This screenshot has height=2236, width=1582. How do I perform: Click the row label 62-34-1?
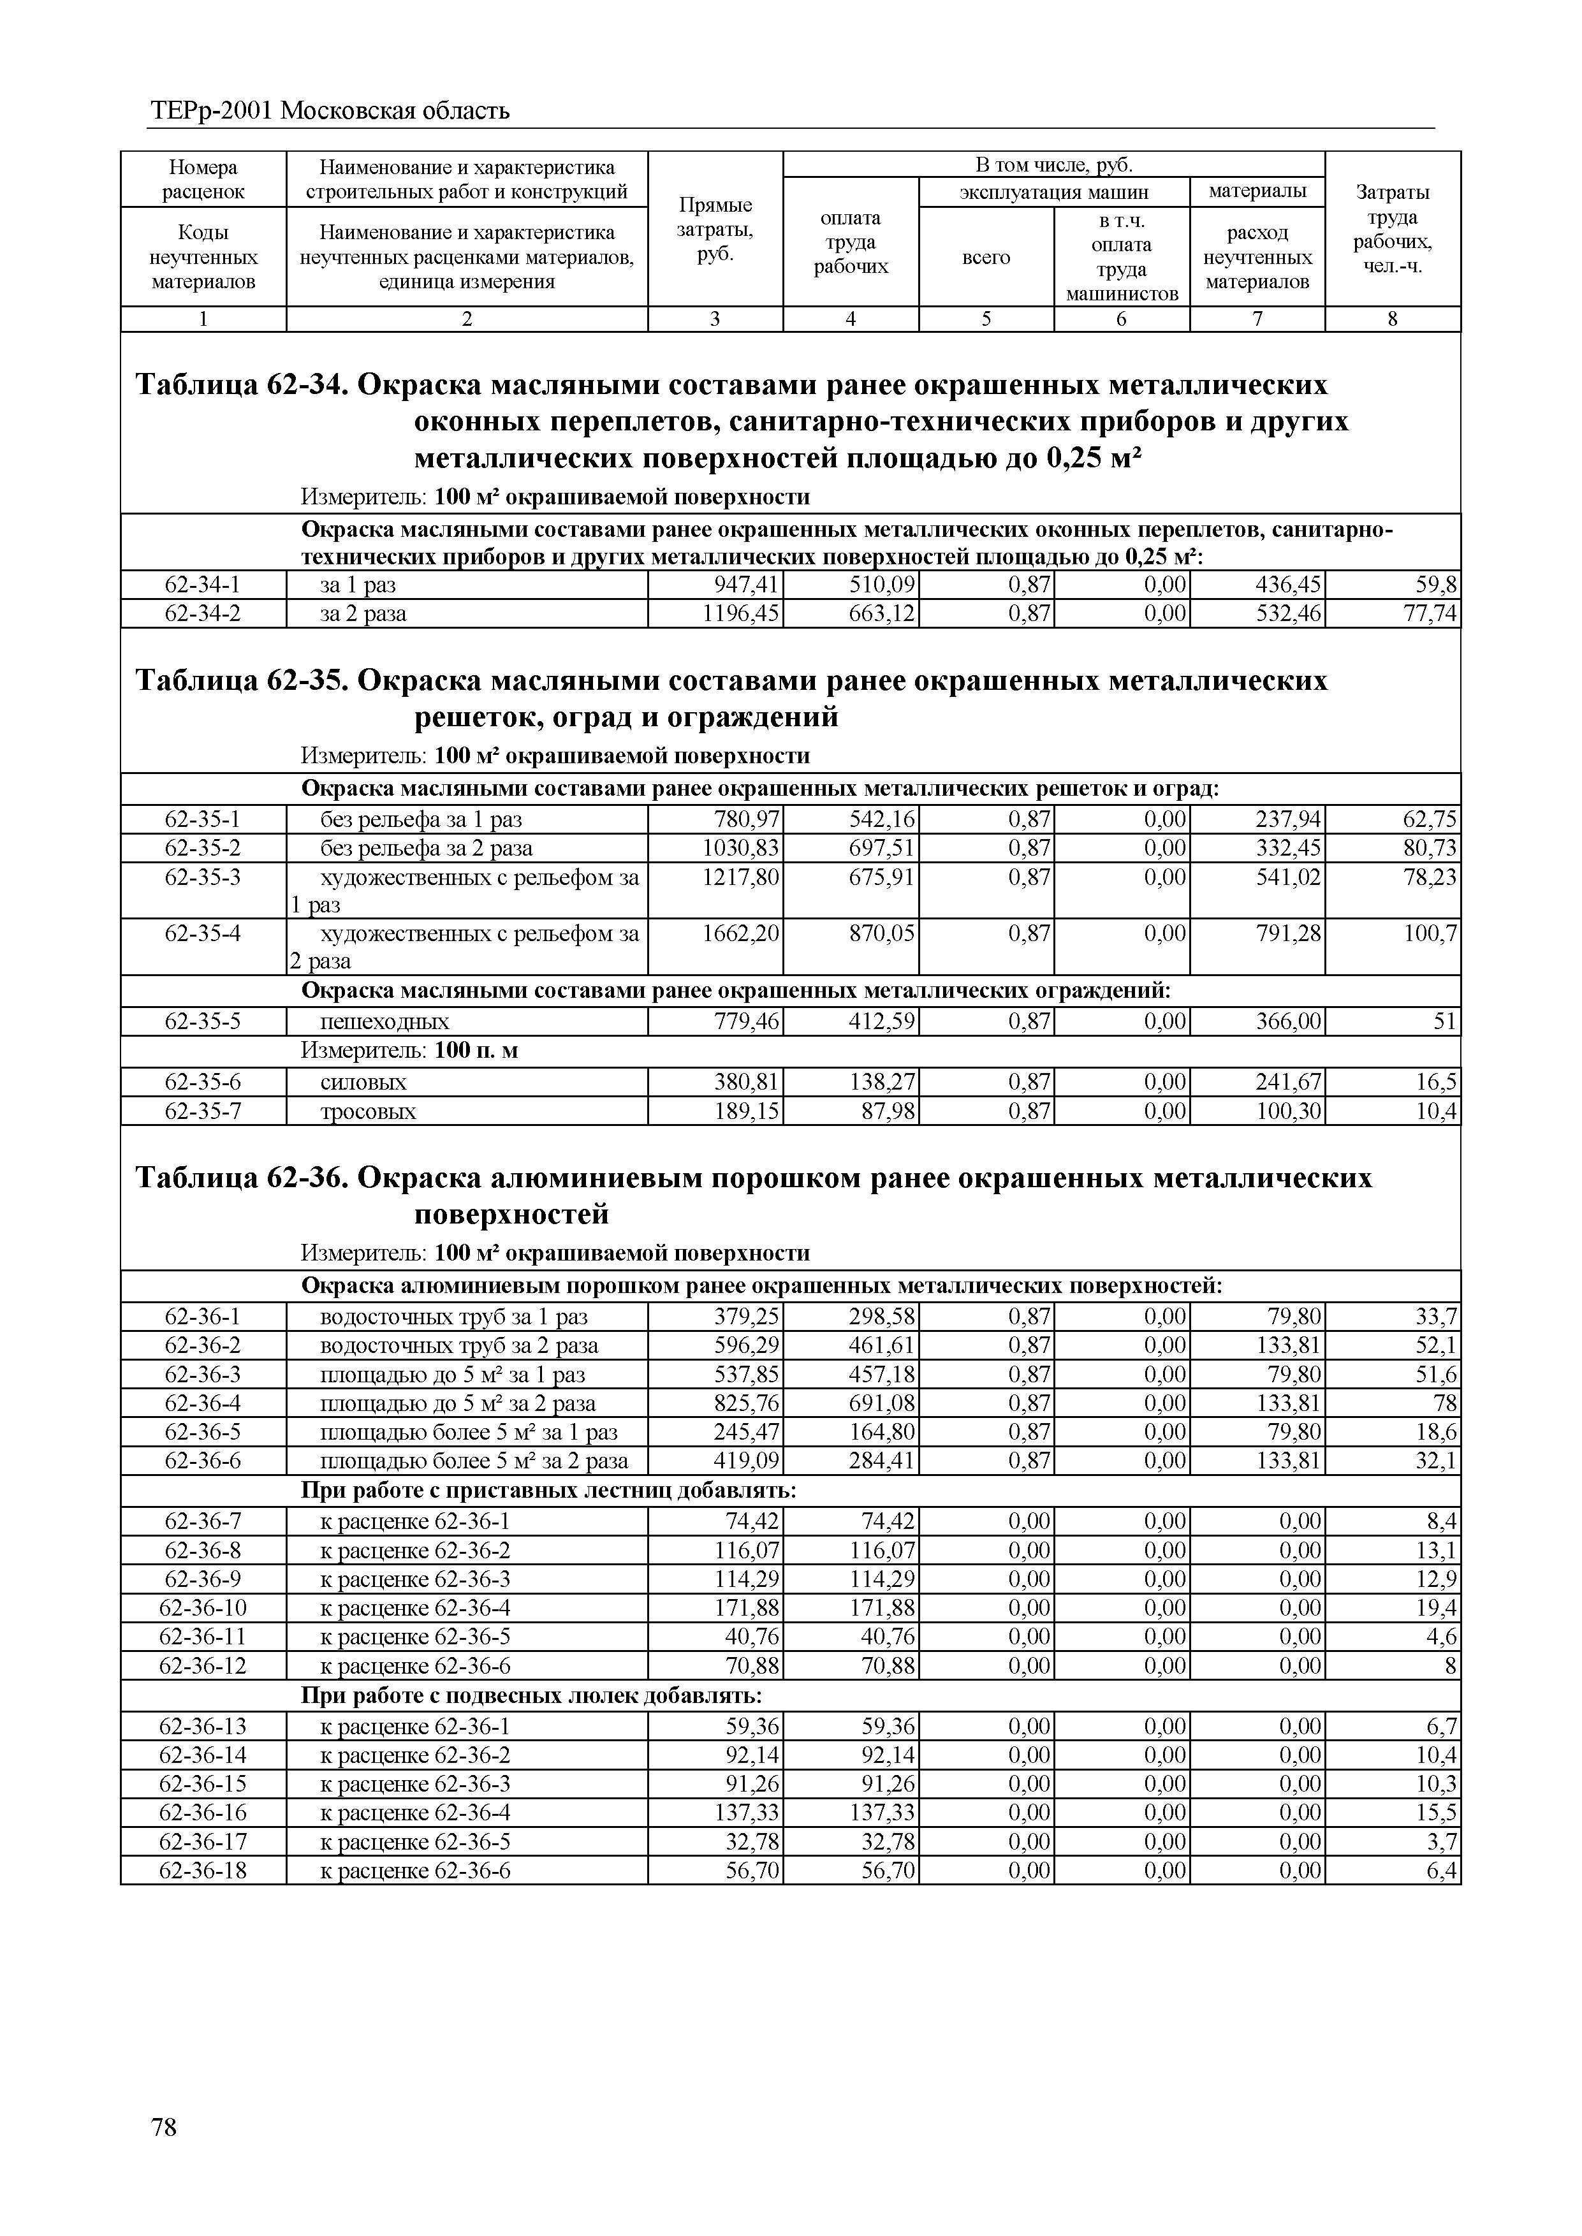pyautogui.click(x=203, y=585)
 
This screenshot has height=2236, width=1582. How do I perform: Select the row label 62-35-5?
pyautogui.click(x=203, y=1021)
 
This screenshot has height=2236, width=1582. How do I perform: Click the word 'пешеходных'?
pyautogui.click(x=385, y=1021)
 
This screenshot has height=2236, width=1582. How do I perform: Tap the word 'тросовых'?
pyautogui.click(x=368, y=1111)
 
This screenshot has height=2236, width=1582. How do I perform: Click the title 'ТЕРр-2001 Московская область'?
pyautogui.click(x=330, y=111)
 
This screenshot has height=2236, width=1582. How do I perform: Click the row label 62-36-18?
pyautogui.click(x=203, y=1871)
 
